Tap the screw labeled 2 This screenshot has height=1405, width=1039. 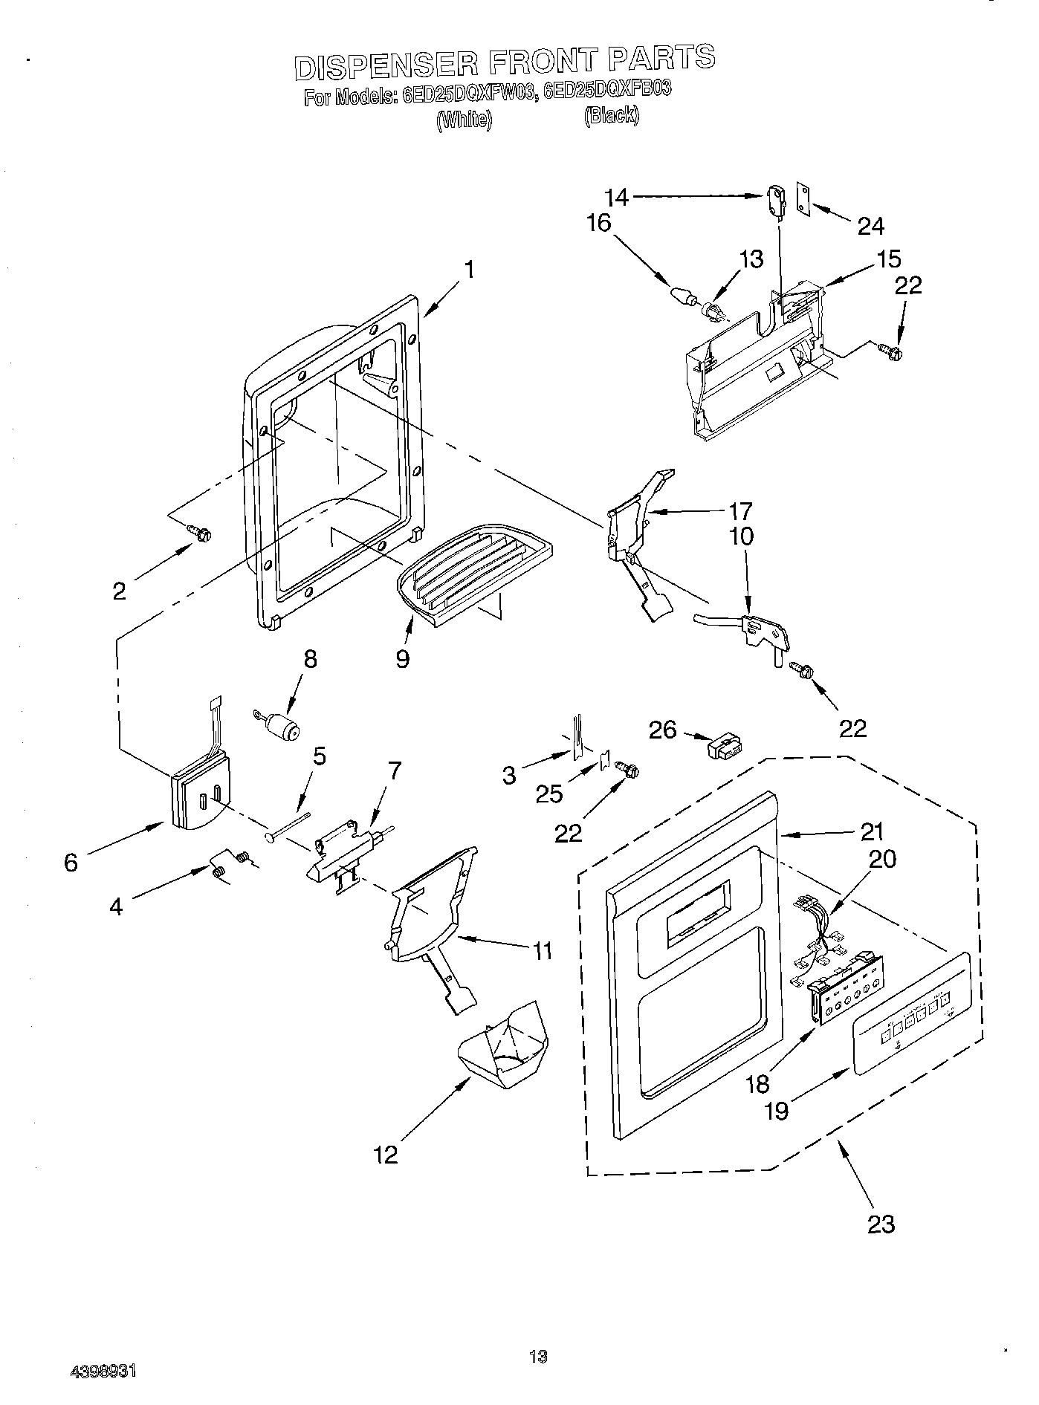tap(200, 532)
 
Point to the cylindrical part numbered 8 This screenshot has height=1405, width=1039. tap(282, 724)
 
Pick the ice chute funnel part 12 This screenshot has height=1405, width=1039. tap(505, 1048)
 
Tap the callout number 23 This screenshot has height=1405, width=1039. tap(881, 1223)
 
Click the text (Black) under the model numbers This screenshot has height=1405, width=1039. tap(611, 115)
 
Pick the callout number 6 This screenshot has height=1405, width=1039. tap(71, 862)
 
